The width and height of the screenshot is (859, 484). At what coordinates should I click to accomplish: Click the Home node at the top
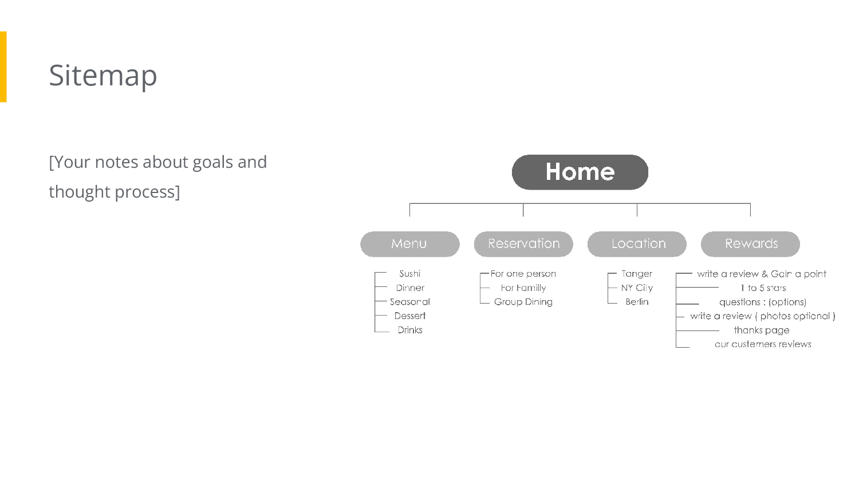[580, 172]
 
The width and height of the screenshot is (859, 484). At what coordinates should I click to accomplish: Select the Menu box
[409, 244]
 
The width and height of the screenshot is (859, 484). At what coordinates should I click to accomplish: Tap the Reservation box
[523, 244]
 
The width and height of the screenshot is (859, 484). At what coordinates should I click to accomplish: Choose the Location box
[637, 244]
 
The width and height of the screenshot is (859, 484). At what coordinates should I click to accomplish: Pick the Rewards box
[750, 244]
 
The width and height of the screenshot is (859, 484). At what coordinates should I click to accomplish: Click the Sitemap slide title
[103, 76]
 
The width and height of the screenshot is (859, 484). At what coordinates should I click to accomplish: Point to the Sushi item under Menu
[409, 273]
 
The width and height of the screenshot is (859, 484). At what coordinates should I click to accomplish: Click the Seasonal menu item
[409, 302]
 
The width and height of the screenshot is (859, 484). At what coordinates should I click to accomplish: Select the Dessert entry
[409, 316]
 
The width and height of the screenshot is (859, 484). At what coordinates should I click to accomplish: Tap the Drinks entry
[409, 330]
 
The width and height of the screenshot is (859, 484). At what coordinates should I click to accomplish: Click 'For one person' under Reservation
[523, 273]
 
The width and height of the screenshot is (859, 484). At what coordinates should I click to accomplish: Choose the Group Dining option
[523, 302]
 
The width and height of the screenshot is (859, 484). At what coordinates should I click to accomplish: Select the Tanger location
[637, 274]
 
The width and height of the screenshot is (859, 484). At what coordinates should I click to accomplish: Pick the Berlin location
[637, 302]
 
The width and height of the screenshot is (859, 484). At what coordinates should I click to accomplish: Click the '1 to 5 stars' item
[763, 288]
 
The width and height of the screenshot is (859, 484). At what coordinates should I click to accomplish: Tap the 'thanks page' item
[761, 330]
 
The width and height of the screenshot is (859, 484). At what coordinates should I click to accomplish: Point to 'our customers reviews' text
[763, 344]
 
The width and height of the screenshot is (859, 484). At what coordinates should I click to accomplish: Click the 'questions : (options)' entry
[763, 302]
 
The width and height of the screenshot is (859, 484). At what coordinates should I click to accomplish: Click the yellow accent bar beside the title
[3, 67]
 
